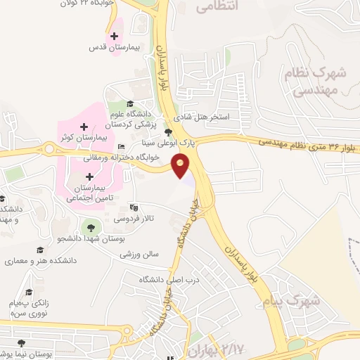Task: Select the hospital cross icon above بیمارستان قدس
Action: point(114,35)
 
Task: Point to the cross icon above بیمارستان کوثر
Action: point(93,127)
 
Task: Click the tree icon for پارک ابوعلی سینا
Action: point(167,131)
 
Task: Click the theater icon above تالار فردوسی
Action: point(134,207)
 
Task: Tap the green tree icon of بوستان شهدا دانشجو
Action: point(89,226)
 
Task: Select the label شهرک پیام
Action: point(314,302)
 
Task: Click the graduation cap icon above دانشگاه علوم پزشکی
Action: point(130,104)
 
